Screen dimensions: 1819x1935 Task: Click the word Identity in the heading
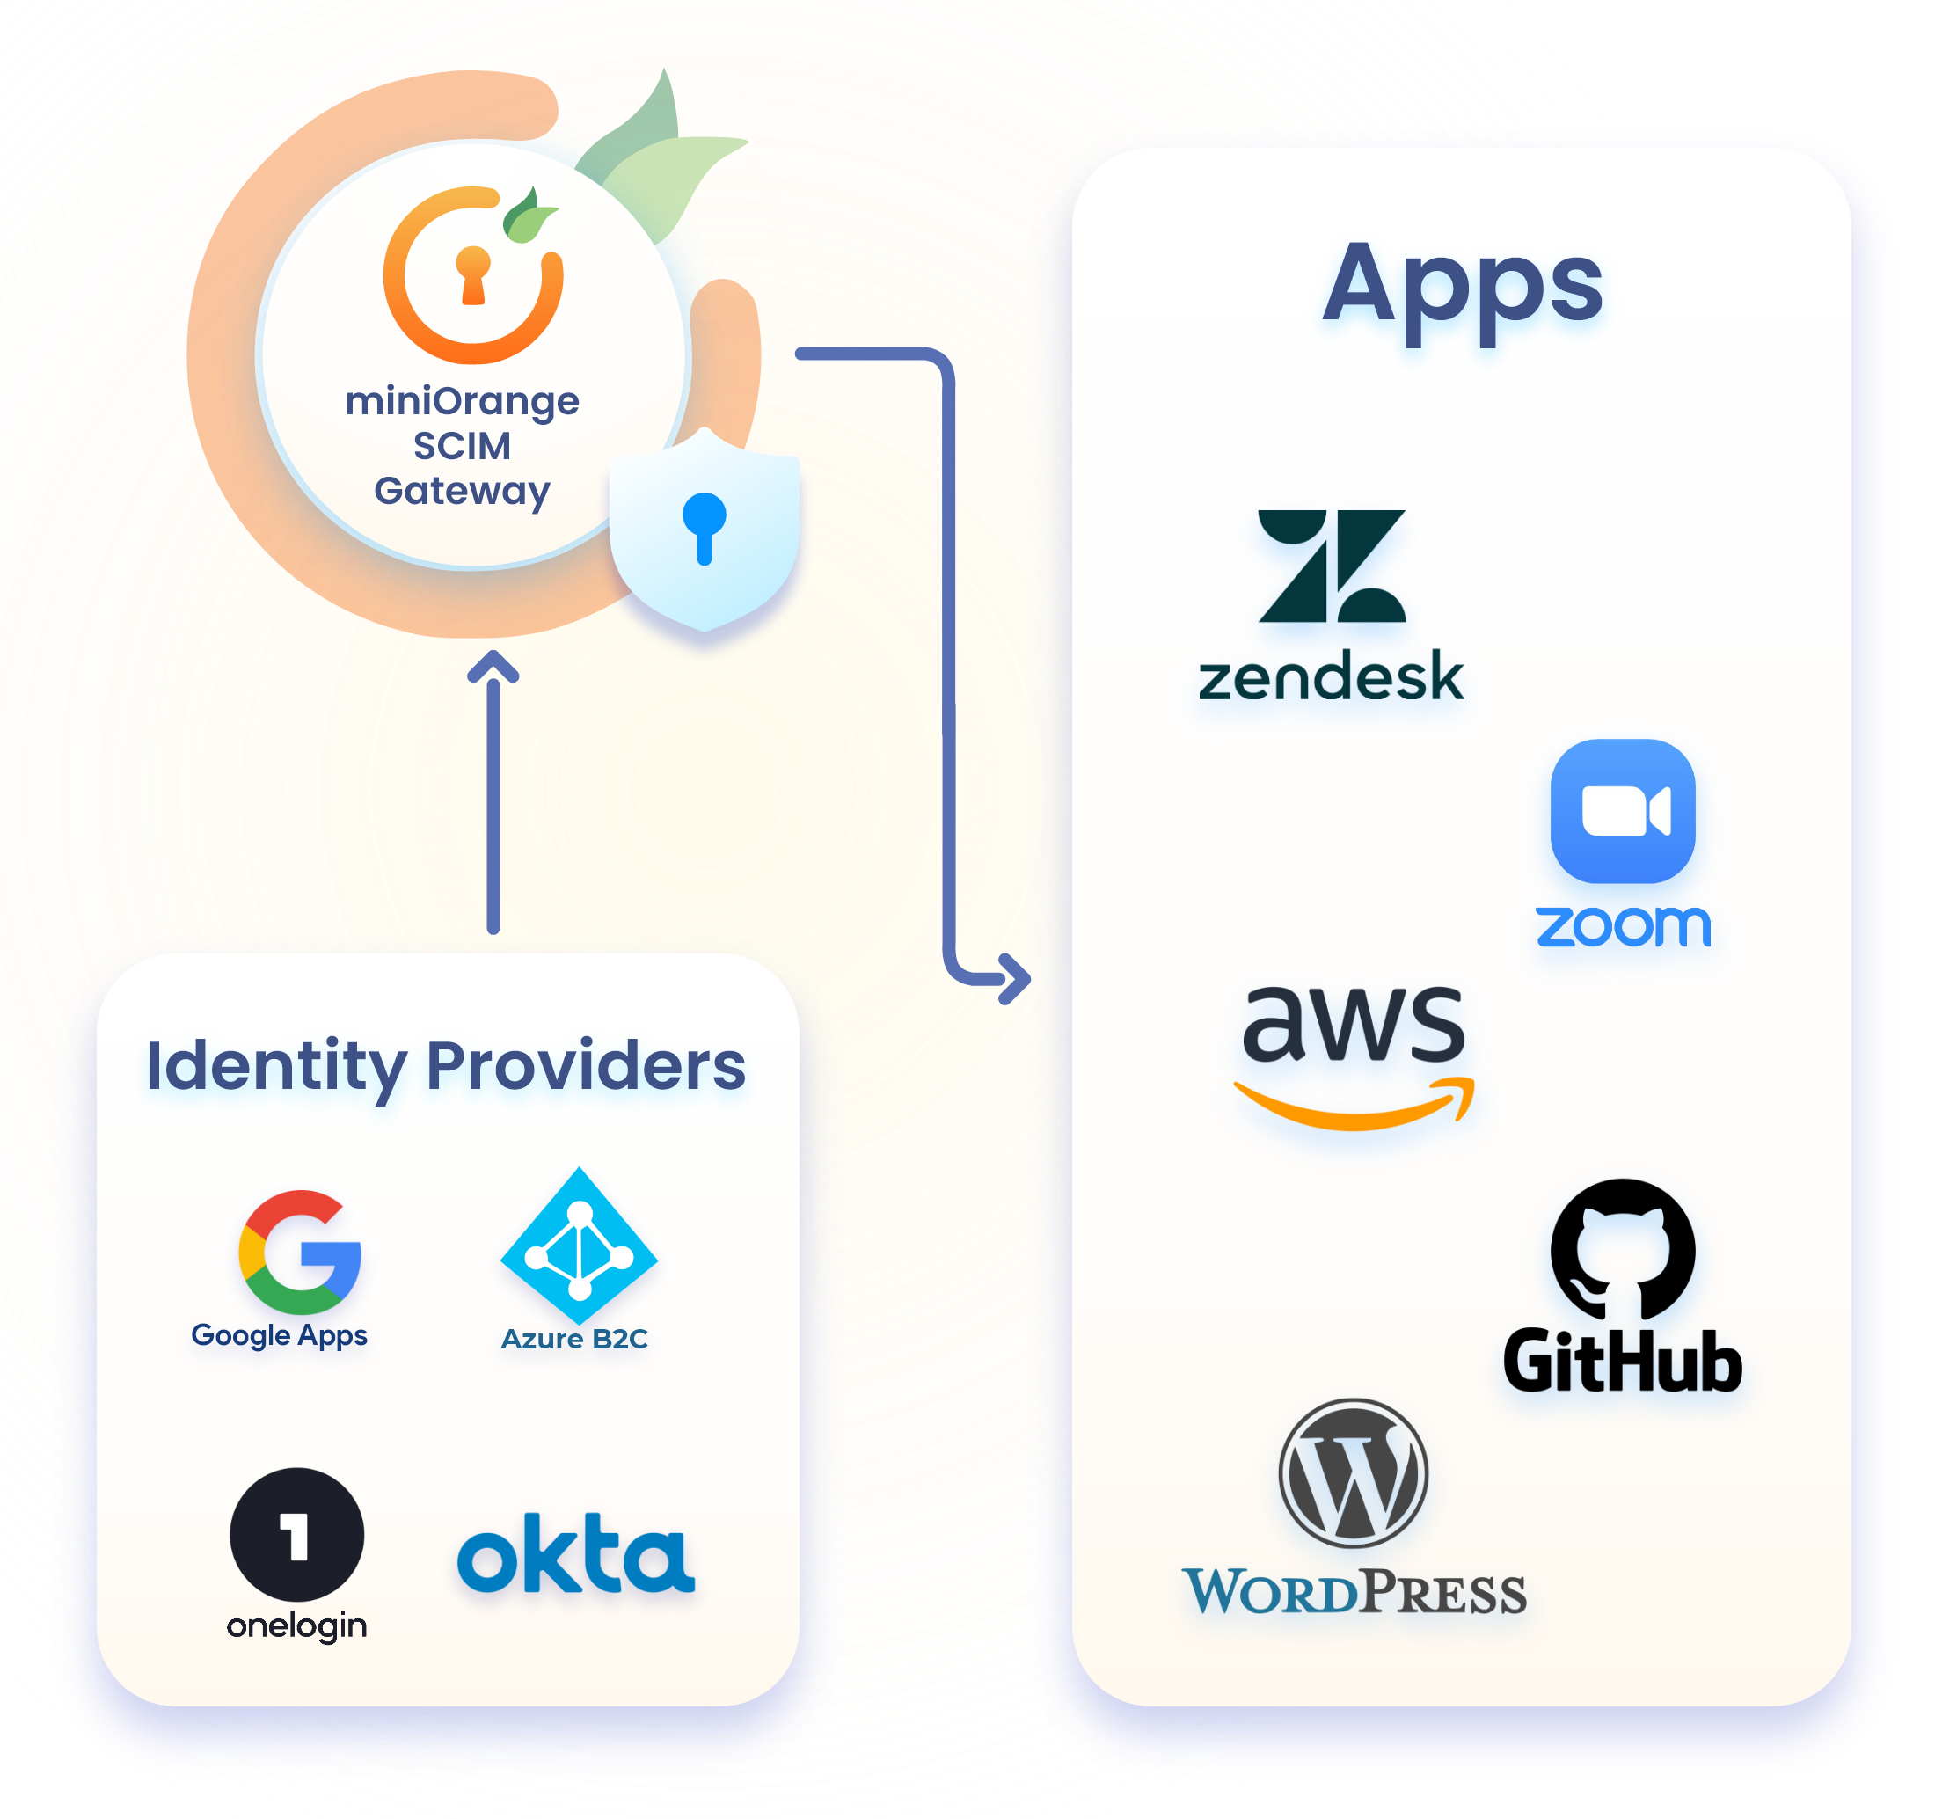pos(275,1067)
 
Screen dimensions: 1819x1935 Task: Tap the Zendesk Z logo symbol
pos(1331,566)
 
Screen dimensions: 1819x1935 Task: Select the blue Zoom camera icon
pos(1622,811)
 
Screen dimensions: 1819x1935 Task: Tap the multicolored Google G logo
pos(300,1253)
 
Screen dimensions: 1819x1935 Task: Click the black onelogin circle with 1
pos(297,1535)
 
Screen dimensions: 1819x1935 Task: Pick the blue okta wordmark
pos(576,1554)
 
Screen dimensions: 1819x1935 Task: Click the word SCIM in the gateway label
pos(462,446)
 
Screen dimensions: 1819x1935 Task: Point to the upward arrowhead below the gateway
pos(493,668)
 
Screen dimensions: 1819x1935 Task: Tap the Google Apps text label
pos(280,1335)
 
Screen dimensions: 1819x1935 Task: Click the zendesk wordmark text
pos(1331,677)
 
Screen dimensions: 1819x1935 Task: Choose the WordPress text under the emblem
pos(1353,1592)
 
